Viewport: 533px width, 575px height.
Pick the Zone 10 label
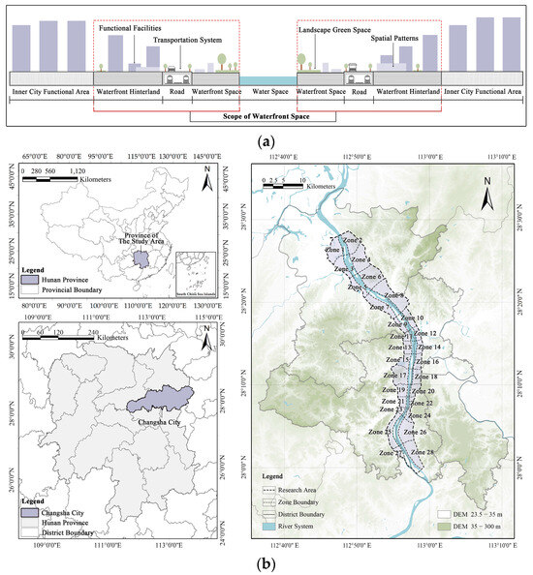click(x=413, y=318)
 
